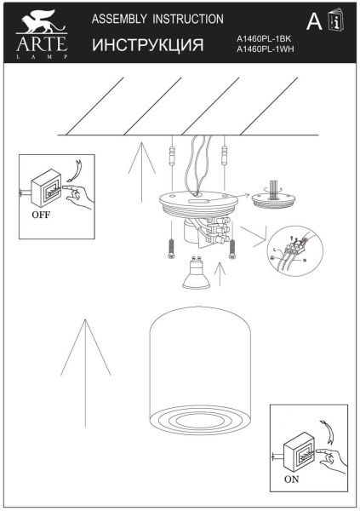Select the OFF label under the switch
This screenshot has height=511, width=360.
40,215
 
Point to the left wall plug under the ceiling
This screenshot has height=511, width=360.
173,157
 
